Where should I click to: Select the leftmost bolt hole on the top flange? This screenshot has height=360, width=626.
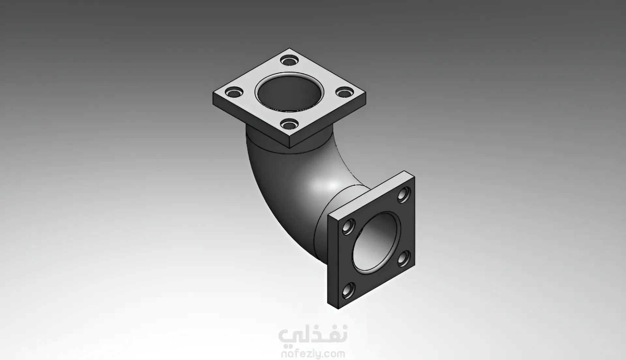click(x=234, y=93)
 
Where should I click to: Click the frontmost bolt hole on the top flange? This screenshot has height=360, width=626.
click(x=289, y=124)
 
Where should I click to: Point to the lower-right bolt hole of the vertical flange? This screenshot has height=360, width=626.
click(x=404, y=258)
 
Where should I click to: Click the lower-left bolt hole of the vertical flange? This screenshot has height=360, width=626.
click(x=349, y=291)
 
